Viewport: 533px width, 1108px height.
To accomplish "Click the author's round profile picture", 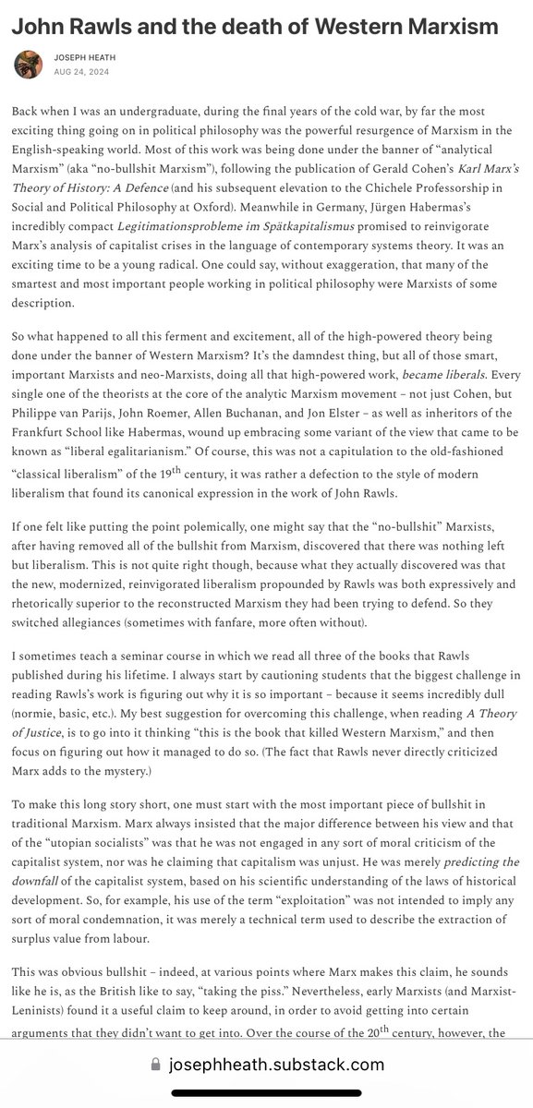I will point(27,65).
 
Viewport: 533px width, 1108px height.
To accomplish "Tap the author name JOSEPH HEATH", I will point(87,57).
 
